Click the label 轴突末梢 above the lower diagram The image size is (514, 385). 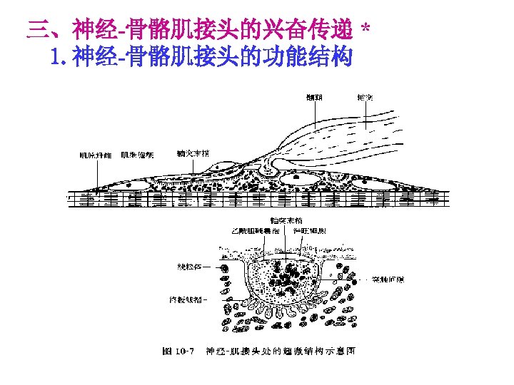pyautogui.click(x=283, y=220)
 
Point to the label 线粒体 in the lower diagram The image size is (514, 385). pyautogui.click(x=188, y=267)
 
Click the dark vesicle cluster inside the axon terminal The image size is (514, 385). pyautogui.click(x=289, y=274)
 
